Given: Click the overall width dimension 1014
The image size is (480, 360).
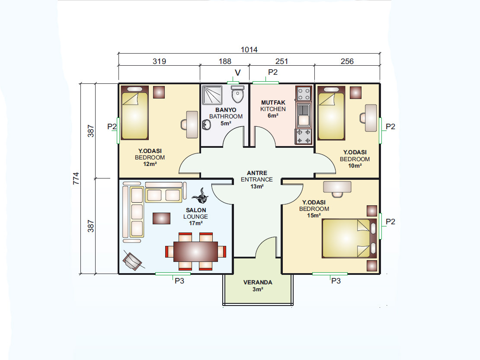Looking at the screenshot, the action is pos(249,50).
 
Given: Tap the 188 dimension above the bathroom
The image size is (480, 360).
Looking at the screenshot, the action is pos(225,61).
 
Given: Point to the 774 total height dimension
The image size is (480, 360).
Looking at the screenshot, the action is pos(76,178).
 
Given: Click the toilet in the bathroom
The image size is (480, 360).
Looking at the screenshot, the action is pos(237,94).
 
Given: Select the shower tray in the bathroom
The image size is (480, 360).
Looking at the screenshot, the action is pos(212,95).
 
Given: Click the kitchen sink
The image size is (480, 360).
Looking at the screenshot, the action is pos(303,115).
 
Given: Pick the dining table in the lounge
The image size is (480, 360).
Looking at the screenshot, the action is pos(195,252).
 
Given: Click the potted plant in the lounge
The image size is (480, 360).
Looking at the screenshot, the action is pos(201,196).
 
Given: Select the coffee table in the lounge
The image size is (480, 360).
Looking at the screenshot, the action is pos(161,218).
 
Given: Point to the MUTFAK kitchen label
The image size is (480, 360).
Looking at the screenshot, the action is pos(273,102).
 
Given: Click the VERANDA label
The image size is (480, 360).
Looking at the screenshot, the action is pos(258,282).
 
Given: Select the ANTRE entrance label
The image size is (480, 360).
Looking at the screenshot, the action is pos(257,173).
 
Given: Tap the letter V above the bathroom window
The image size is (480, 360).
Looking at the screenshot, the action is pos(237,73).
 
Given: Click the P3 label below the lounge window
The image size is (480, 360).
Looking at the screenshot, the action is pos(179,281).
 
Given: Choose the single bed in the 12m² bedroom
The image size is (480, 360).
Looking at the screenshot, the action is pos(134,112).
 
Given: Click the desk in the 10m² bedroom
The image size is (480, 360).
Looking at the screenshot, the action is pos(371,118).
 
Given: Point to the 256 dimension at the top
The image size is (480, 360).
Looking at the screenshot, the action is pos(347,61).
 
